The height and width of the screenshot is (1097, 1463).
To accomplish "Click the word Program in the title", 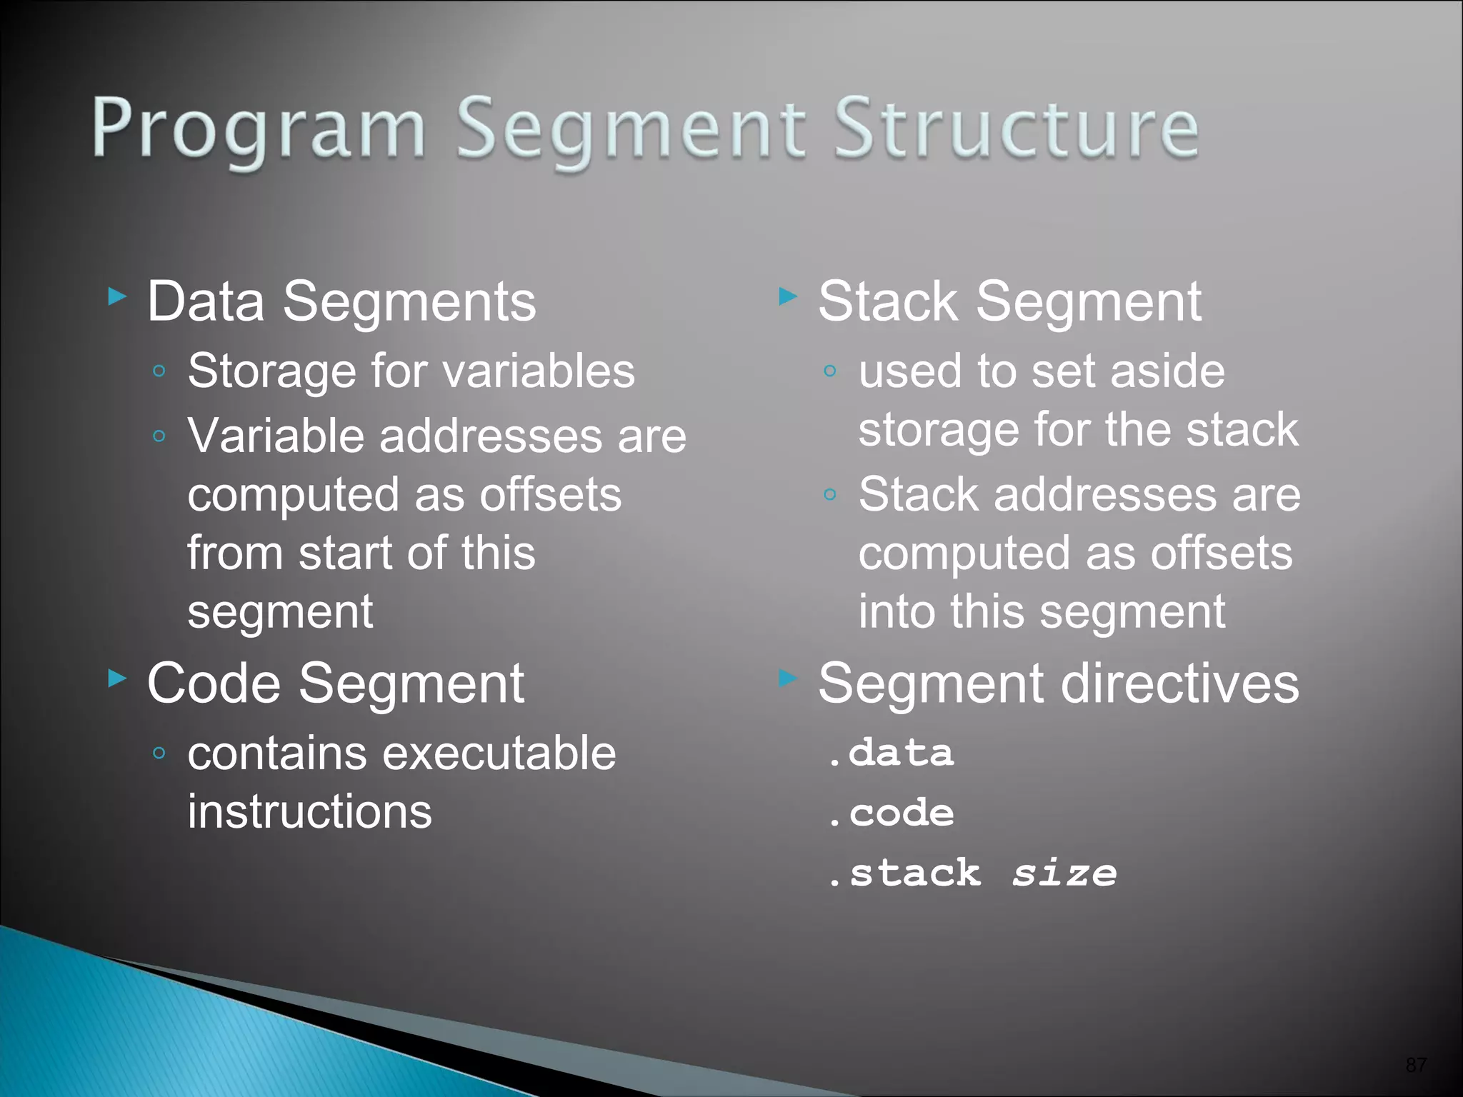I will click(259, 129).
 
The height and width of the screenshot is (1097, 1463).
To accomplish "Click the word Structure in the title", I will click(1016, 129).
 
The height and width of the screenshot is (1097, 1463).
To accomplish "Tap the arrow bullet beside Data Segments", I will click(117, 295).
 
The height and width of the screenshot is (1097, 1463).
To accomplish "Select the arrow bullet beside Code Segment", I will click(117, 678).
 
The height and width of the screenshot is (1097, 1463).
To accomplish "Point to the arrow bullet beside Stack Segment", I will click(787, 295).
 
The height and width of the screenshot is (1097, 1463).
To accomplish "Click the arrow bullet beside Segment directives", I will click(787, 678).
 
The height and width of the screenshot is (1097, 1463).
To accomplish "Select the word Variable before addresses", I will click(276, 436).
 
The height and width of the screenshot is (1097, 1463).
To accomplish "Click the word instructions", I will click(309, 812).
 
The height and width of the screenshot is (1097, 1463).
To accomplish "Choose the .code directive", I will click(891, 813).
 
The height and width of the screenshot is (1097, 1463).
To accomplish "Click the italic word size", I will click(1064, 873).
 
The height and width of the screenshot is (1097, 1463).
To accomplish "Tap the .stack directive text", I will click(905, 873).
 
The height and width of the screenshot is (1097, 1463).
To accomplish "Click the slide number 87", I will click(1415, 1065).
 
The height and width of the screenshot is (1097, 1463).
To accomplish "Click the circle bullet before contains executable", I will click(159, 753).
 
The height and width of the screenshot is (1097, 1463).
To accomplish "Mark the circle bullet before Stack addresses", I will click(829, 494).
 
